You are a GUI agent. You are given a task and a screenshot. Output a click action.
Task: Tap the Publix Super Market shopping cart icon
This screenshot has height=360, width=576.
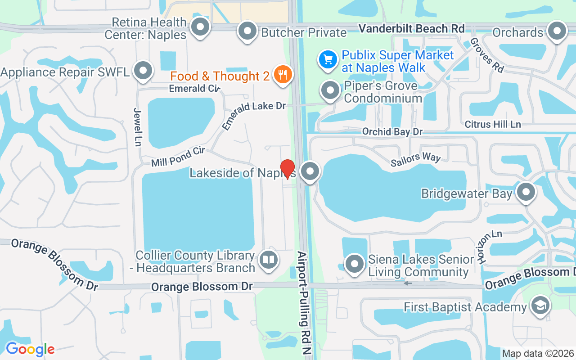[328, 59]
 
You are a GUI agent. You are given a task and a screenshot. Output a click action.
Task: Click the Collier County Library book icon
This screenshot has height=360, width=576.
[269, 260]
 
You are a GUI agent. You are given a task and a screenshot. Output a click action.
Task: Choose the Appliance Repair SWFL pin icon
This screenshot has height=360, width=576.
[144, 71]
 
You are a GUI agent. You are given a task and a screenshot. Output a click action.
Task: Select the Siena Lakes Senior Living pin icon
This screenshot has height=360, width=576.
[355, 263]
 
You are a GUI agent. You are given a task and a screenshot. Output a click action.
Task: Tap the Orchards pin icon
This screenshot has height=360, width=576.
[558, 31]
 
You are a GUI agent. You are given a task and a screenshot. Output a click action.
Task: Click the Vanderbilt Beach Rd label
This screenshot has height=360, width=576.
[411, 28]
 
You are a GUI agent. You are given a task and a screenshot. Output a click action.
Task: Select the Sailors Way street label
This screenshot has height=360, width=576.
[416, 158]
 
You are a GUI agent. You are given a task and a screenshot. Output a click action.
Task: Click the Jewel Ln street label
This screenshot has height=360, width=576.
[138, 127]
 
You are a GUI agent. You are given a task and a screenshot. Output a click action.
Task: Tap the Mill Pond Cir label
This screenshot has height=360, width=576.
[178, 157]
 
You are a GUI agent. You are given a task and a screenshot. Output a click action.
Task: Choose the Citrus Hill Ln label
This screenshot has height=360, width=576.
[493, 124]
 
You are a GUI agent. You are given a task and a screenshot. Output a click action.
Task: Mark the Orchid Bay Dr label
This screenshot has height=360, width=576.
[392, 132]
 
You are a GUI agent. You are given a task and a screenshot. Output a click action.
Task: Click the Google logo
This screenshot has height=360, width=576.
[30, 349]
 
